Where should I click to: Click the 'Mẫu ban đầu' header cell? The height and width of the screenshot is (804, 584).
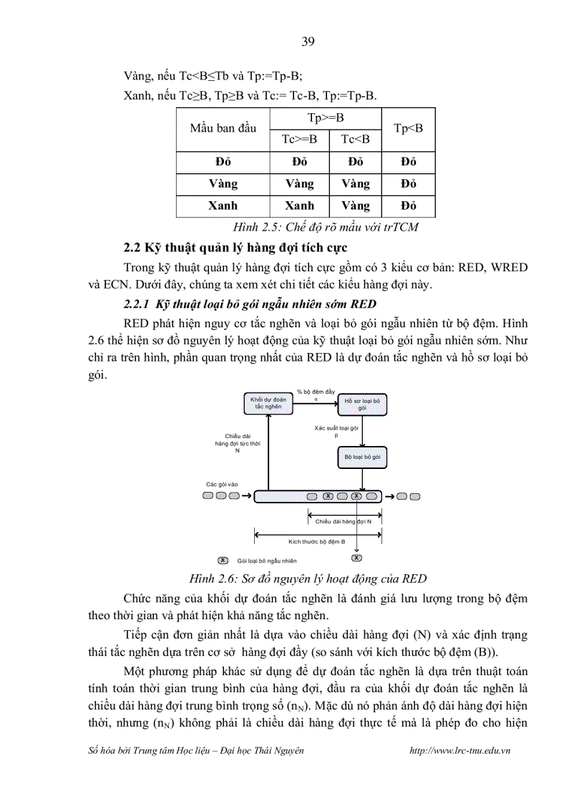[x=223, y=128]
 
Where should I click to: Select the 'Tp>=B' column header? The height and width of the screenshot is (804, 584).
[x=326, y=117]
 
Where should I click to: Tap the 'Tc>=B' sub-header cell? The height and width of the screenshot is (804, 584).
[x=299, y=139]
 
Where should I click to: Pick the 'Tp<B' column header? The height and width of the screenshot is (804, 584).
[x=409, y=128]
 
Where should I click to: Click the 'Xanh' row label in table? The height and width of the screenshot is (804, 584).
[x=223, y=205]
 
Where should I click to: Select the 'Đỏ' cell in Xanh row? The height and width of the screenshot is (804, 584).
[x=409, y=205]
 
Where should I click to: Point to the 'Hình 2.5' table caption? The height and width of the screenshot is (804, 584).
[x=326, y=228]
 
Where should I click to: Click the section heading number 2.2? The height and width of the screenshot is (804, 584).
[x=132, y=248]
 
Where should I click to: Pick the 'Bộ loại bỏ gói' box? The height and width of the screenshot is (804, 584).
[x=362, y=456]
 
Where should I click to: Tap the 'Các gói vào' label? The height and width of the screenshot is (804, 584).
[x=221, y=484]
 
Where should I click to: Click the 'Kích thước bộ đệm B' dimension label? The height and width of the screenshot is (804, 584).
[x=317, y=542]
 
